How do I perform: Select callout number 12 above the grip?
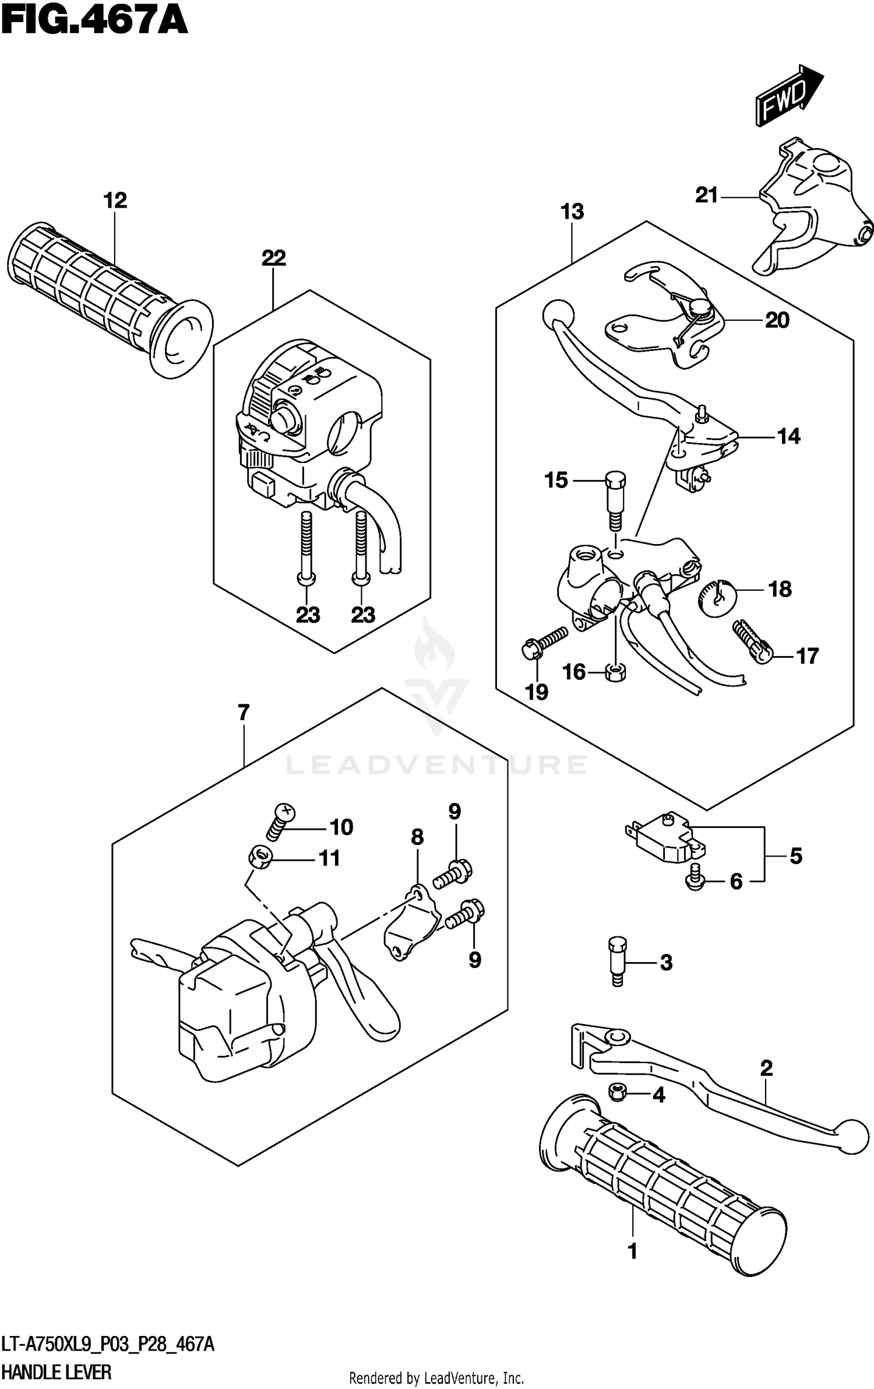pos(115,201)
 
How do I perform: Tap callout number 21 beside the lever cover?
pos(706,195)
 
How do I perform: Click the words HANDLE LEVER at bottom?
pos(57,1372)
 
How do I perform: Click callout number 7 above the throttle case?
pos(243,713)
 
